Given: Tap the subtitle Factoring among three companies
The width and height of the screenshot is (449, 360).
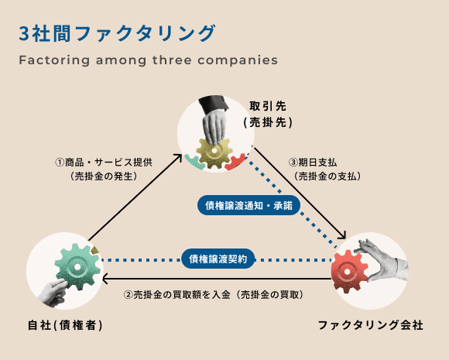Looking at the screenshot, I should click(x=147, y=60).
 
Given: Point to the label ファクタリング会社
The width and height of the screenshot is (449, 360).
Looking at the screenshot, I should click(x=371, y=324).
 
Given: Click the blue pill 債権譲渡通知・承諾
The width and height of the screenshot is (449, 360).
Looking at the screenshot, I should click(x=248, y=206).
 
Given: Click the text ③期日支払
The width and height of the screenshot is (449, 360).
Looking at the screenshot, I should click(x=314, y=163).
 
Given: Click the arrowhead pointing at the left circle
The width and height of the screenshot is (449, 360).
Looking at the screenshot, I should click(x=106, y=279).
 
